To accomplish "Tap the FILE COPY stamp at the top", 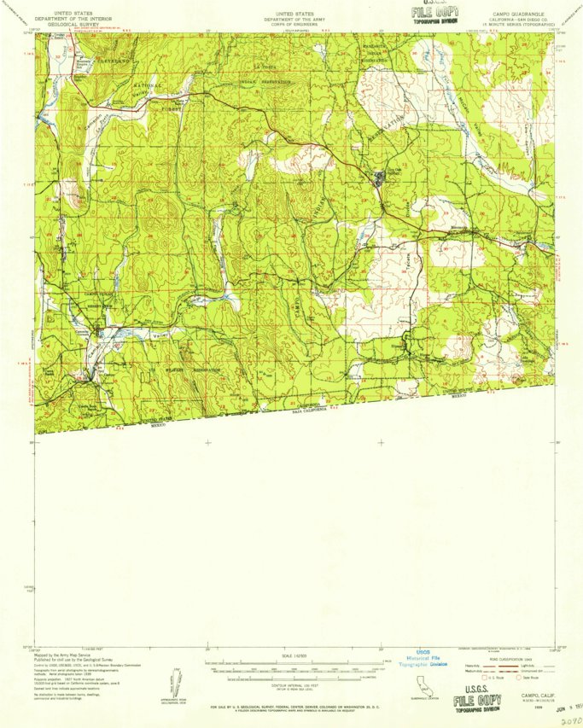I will tap(434, 12).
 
